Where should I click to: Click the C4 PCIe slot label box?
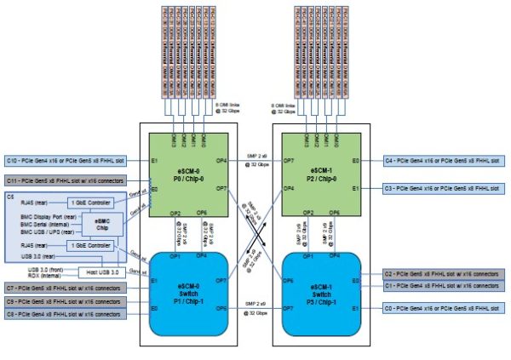click(x=444, y=159)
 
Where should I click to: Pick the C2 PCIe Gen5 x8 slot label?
click(x=444, y=274)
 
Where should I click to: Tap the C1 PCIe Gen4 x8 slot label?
click(x=444, y=286)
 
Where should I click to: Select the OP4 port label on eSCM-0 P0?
click(x=221, y=160)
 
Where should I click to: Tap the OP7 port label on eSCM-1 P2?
click(x=289, y=160)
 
